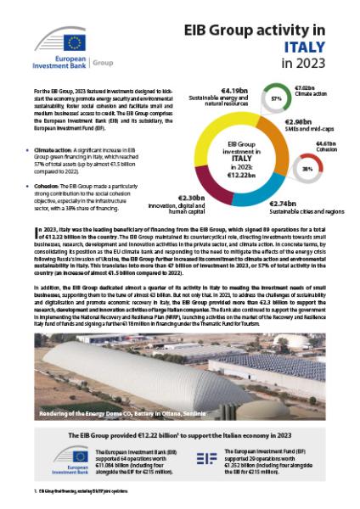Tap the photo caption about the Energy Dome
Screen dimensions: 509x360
pyautogui.click(x=119, y=415)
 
